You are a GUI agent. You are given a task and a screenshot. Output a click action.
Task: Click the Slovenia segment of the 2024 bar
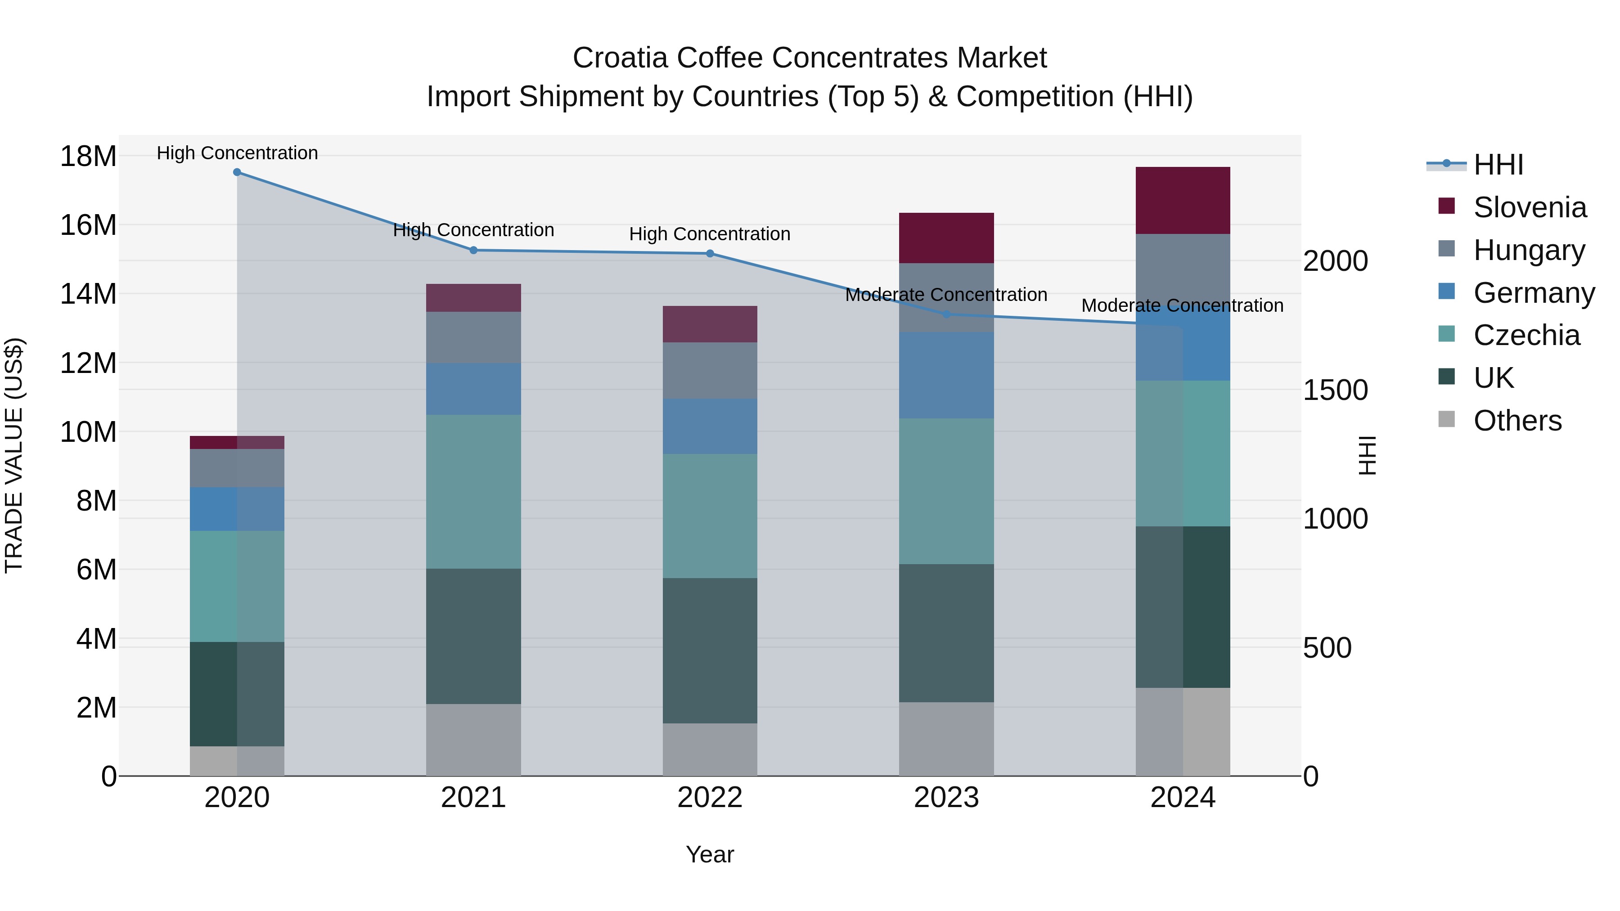1182,201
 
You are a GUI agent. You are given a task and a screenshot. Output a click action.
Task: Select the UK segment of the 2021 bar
473,636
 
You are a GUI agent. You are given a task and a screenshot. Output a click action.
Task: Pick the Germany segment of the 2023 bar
946,375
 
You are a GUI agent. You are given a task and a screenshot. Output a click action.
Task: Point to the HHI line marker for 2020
237,172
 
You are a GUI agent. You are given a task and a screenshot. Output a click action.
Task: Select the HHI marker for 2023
946,314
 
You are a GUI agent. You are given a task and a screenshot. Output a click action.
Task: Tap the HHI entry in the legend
1498,165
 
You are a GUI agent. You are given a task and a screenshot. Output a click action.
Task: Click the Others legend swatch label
1517,421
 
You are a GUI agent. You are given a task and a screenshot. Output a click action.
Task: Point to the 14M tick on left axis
88,294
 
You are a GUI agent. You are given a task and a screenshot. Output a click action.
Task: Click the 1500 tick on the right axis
1335,390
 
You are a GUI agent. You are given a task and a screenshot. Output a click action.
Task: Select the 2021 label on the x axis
473,798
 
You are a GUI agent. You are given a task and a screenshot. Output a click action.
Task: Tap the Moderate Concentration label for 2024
1182,305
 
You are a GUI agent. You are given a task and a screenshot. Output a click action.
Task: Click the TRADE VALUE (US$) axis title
14,455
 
